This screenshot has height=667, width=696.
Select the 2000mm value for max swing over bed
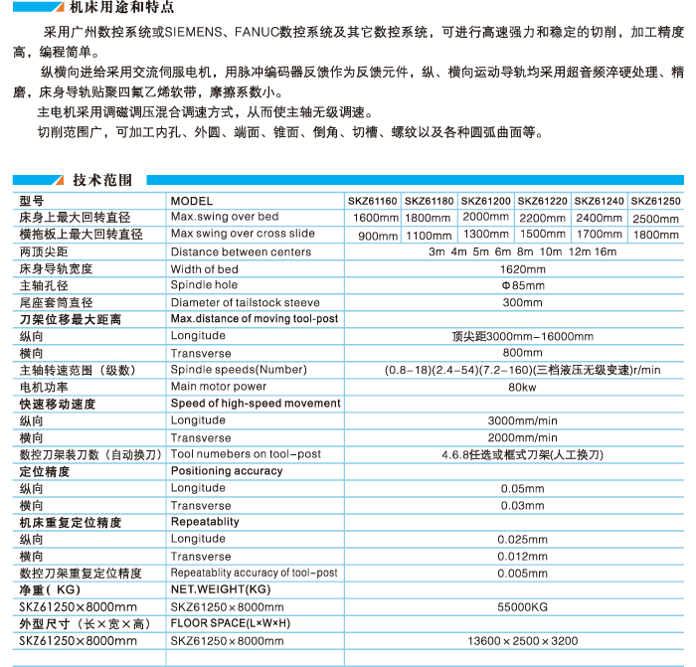click(486, 217)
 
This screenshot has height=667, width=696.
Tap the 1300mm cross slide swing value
click(486, 235)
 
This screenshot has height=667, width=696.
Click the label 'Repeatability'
click(205, 522)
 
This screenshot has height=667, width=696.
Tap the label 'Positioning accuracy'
click(227, 471)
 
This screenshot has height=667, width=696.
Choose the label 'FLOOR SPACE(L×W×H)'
click(229, 623)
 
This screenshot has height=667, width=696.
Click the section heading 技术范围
click(102, 180)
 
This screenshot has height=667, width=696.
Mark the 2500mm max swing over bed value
click(657, 219)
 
